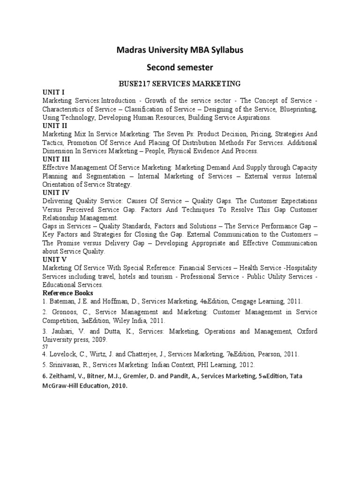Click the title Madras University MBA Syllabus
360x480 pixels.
(x=180, y=50)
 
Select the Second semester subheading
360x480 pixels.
(x=180, y=67)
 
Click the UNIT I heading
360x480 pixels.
(x=52, y=92)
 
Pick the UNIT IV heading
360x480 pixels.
(x=55, y=192)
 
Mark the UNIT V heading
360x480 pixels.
(x=53, y=259)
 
